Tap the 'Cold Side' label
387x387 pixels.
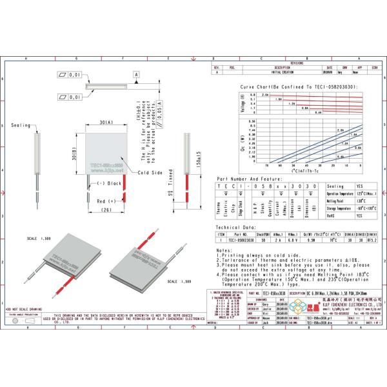(150, 173)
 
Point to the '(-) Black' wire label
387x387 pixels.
(108, 183)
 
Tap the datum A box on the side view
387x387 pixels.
(137, 75)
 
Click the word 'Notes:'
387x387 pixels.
(224, 250)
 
